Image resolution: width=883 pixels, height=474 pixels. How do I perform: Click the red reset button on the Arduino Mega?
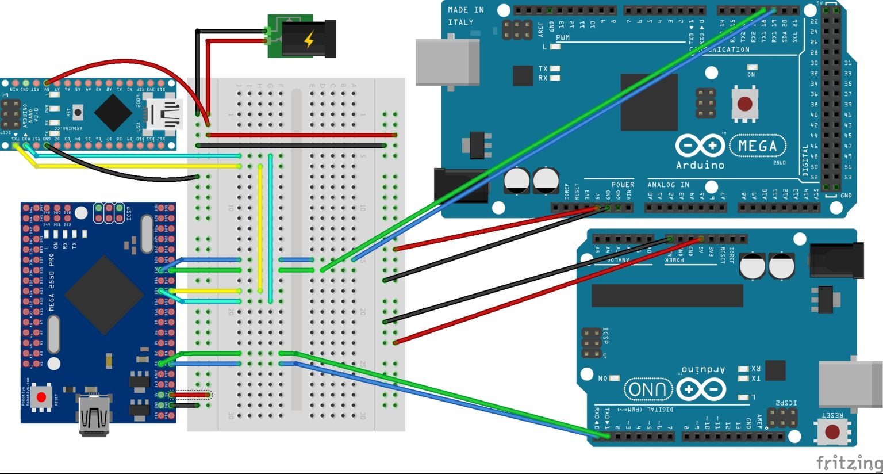point(744,104)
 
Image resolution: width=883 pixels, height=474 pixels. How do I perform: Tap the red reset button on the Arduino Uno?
point(832,431)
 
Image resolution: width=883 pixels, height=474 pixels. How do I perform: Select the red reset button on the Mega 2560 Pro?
point(41,397)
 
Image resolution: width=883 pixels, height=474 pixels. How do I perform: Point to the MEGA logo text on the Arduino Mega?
point(757,146)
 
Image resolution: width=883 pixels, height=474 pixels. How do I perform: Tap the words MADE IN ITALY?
point(465,16)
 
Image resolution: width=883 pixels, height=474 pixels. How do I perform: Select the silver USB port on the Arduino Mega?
point(447,62)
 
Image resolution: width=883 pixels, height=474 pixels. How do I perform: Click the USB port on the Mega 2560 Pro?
point(93,415)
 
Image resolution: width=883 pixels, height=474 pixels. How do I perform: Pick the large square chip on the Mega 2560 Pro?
point(104,295)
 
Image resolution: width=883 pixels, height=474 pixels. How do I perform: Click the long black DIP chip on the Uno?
point(667,296)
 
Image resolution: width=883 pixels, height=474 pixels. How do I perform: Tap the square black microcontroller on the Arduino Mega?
point(648,102)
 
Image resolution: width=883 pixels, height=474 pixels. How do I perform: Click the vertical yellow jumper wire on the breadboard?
point(260,230)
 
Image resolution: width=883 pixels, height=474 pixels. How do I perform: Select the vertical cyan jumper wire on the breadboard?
point(270,230)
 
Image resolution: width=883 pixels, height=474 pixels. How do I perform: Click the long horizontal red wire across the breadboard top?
point(299,135)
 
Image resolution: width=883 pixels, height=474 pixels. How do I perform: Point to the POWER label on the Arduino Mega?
point(622,185)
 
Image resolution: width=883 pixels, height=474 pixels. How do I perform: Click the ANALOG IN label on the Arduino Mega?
point(668,185)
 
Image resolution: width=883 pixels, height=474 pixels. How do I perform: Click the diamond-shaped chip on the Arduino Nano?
point(113,112)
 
